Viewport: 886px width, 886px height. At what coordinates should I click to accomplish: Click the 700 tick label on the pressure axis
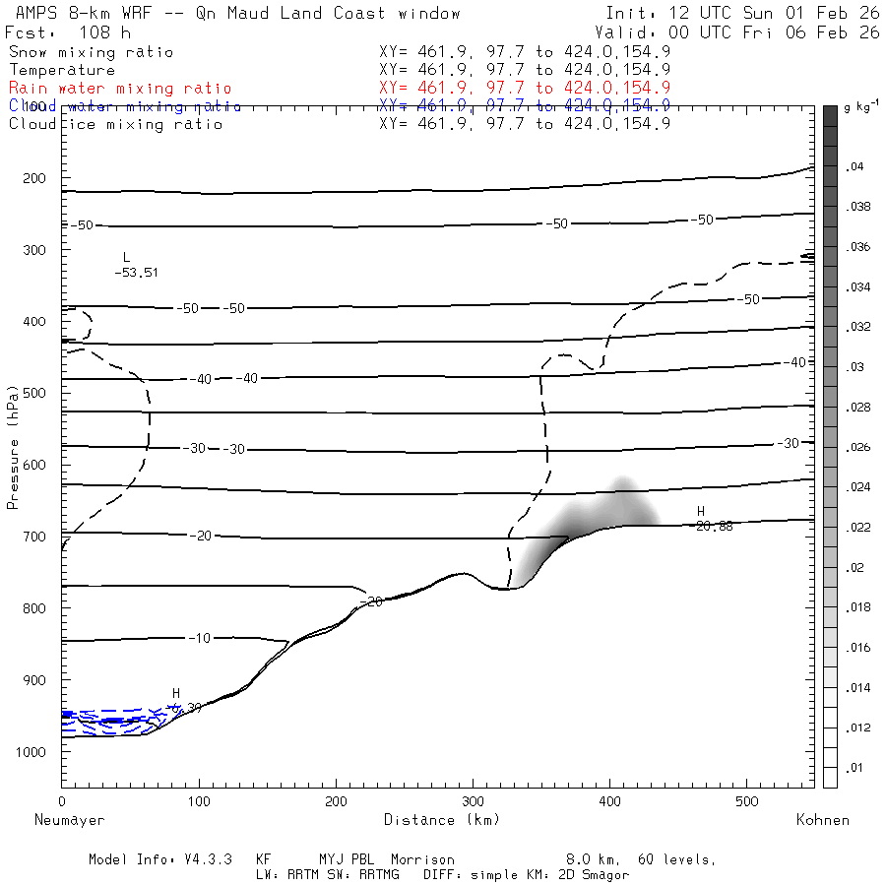tap(35, 537)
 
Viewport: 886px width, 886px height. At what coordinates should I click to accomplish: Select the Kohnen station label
tap(822, 820)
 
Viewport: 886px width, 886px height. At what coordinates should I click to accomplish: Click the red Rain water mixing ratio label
tap(119, 89)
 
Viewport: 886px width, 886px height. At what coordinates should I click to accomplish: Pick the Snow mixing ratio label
tap(91, 52)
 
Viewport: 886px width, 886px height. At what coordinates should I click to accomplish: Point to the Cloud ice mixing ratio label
tap(115, 124)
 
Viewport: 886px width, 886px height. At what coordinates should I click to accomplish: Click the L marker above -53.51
tap(126, 257)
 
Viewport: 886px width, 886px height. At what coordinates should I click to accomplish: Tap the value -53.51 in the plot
tap(136, 273)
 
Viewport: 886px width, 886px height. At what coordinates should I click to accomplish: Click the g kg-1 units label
tap(861, 105)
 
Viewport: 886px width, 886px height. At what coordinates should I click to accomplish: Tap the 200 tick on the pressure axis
tap(35, 178)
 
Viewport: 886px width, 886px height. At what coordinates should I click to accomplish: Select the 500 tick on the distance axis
tap(747, 801)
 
